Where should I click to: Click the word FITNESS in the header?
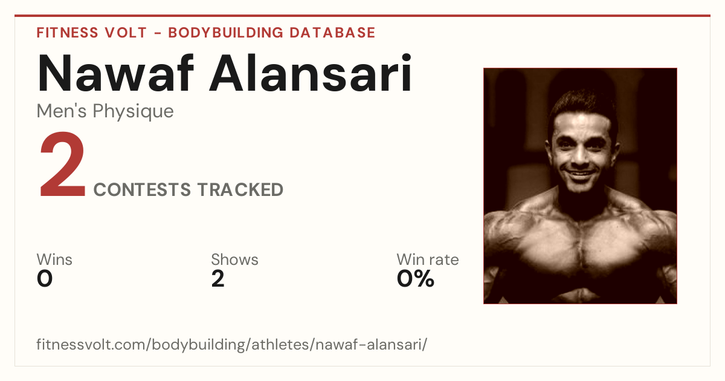tap(67, 33)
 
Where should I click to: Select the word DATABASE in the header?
tap(332, 33)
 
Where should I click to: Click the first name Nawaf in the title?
tap(115, 73)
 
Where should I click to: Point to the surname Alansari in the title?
tap(311, 73)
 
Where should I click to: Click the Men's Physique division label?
tap(105, 111)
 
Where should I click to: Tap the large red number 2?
tap(62, 164)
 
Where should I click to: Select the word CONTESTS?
tap(142, 190)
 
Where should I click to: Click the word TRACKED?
tap(240, 190)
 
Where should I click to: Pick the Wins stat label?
tap(54, 259)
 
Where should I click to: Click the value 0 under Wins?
tap(45, 279)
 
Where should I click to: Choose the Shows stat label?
tap(234, 259)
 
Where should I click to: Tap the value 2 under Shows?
tap(218, 279)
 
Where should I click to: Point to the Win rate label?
tap(428, 259)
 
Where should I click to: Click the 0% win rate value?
tap(416, 279)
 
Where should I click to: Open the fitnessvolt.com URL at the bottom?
tap(232, 344)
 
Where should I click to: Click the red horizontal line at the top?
tap(362, 16)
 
